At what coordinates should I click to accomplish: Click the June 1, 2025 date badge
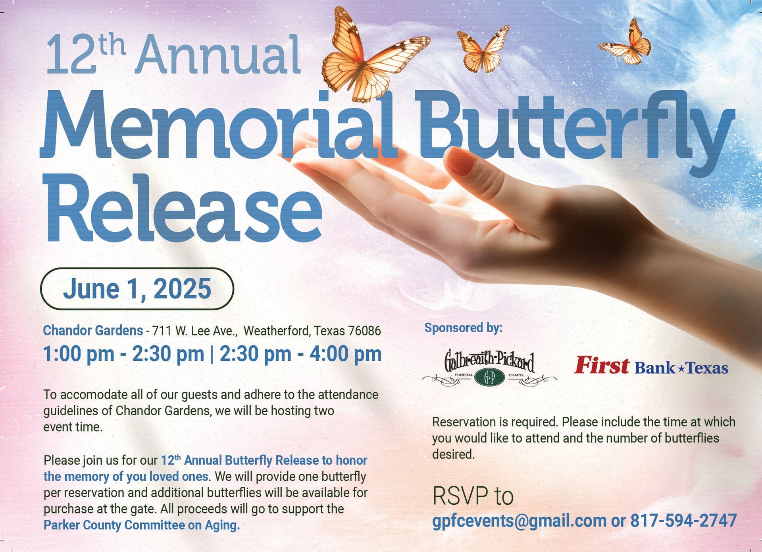point(137,289)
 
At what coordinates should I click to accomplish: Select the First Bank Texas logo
point(651,366)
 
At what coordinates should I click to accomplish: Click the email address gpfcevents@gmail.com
point(519,521)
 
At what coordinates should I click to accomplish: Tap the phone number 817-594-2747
point(683,520)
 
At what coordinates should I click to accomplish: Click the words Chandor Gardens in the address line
point(93,330)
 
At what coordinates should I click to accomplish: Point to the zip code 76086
point(364,331)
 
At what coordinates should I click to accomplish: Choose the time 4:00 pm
point(346,354)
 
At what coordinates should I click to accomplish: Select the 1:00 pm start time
point(79,354)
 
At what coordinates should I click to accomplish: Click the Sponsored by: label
point(463,328)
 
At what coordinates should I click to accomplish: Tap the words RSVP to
point(473,496)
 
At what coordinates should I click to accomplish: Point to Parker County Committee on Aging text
point(142,525)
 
